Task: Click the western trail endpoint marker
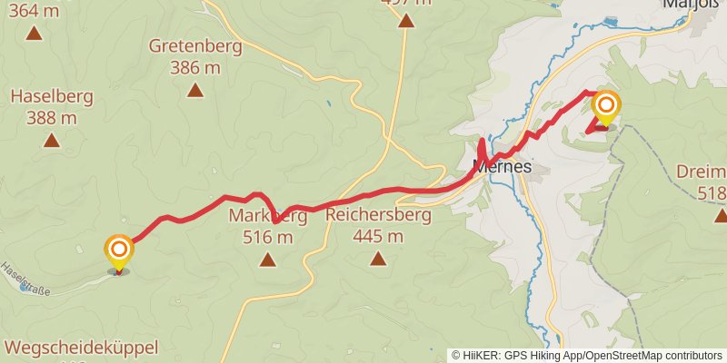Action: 119,252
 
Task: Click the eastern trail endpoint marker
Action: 605,109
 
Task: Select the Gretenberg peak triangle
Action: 194,90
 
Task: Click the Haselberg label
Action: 44,96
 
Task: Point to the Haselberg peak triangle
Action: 52,141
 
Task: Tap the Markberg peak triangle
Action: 267,260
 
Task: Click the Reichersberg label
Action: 377,216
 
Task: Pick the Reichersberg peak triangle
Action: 377,260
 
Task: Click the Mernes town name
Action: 503,167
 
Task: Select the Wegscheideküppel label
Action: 82,348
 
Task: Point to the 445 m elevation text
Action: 377,237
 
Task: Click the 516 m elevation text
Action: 267,238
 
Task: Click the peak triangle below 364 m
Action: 34,34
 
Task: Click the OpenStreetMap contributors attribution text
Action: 652,356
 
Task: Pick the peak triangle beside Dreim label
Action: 721,215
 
